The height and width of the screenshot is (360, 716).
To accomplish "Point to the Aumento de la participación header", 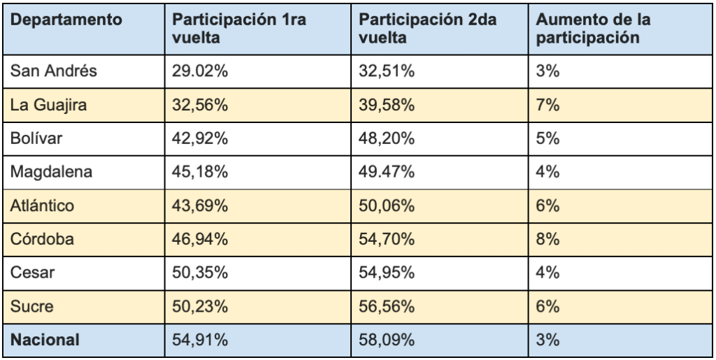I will tap(589, 29).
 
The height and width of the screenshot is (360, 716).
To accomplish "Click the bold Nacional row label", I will tap(43, 340).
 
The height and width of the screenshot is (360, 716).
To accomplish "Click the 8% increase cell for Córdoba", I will tap(547, 239).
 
